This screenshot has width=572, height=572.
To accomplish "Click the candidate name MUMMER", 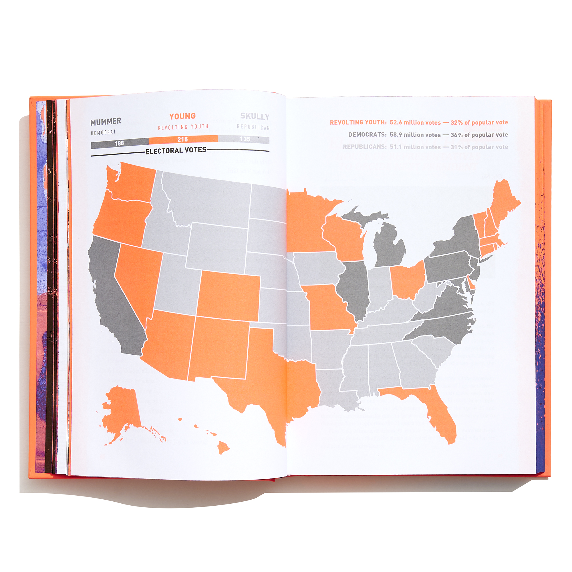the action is click(106, 121).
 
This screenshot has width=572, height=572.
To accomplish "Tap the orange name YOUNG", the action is click(182, 116).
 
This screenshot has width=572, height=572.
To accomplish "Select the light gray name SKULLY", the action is click(255, 117).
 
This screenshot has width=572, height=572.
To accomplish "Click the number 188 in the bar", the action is click(119, 143).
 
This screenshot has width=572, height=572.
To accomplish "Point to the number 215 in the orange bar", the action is click(183, 140).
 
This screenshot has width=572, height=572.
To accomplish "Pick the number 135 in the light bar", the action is click(245, 139).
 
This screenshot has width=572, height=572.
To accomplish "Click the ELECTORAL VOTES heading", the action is click(176, 151).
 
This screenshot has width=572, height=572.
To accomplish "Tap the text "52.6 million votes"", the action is click(415, 123).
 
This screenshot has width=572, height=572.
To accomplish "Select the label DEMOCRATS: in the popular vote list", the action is click(367, 135).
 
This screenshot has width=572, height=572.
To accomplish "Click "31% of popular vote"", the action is click(479, 147).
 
